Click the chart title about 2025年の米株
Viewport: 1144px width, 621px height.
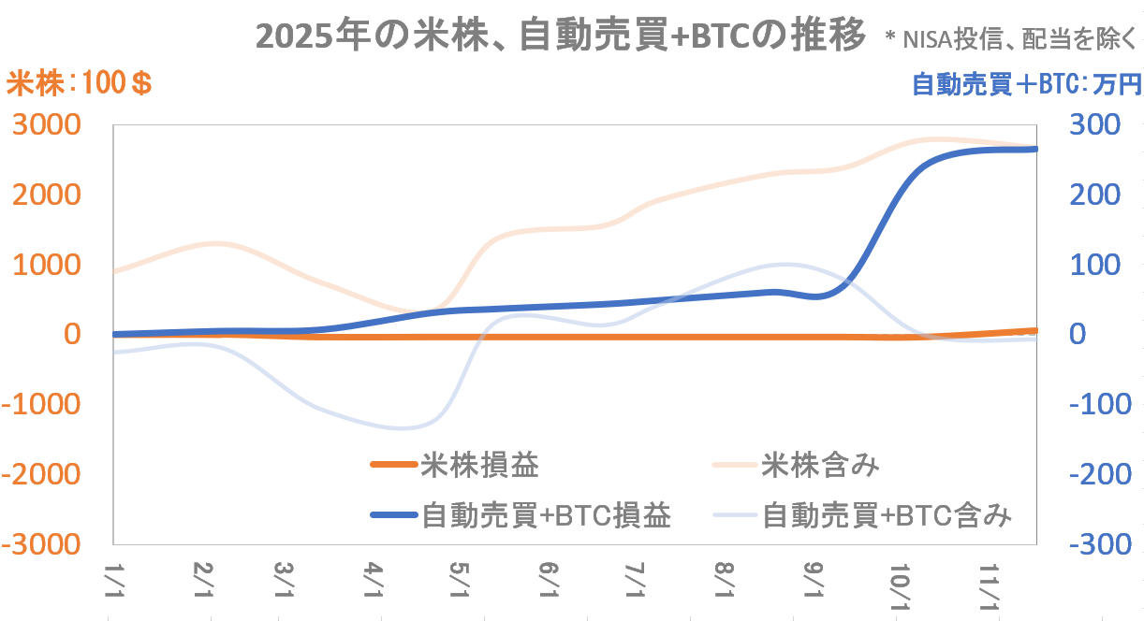[x=559, y=37]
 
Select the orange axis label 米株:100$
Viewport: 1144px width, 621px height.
[x=80, y=85]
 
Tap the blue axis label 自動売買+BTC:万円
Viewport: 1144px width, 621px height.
[x=1026, y=85]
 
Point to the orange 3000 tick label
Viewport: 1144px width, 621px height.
[x=58, y=125]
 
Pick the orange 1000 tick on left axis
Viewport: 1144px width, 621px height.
[x=58, y=265]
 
